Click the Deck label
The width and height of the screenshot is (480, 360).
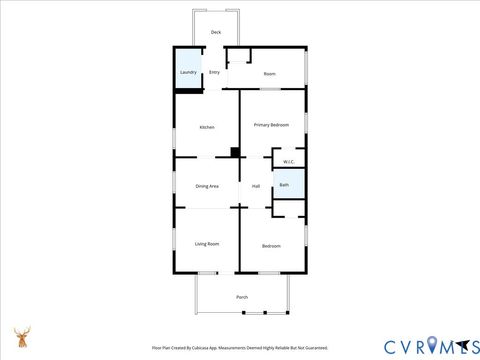(216, 33)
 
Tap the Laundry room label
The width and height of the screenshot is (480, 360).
(188, 73)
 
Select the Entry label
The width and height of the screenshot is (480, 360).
(214, 73)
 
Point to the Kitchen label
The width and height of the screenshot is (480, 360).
(207, 127)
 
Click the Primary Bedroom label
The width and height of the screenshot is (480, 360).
(271, 125)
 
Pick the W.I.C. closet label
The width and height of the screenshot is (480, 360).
(288, 162)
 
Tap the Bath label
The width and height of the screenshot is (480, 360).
(284, 185)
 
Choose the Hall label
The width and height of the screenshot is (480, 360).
(256, 186)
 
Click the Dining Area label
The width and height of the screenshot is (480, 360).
(207, 186)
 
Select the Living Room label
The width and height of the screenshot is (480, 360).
(207, 244)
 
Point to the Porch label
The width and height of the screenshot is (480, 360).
(242, 297)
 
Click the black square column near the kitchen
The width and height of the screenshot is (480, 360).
(235, 153)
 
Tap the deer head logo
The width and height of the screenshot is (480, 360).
(21, 337)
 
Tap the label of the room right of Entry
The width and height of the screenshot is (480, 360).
(269, 74)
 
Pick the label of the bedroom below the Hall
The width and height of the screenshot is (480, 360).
(271, 246)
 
